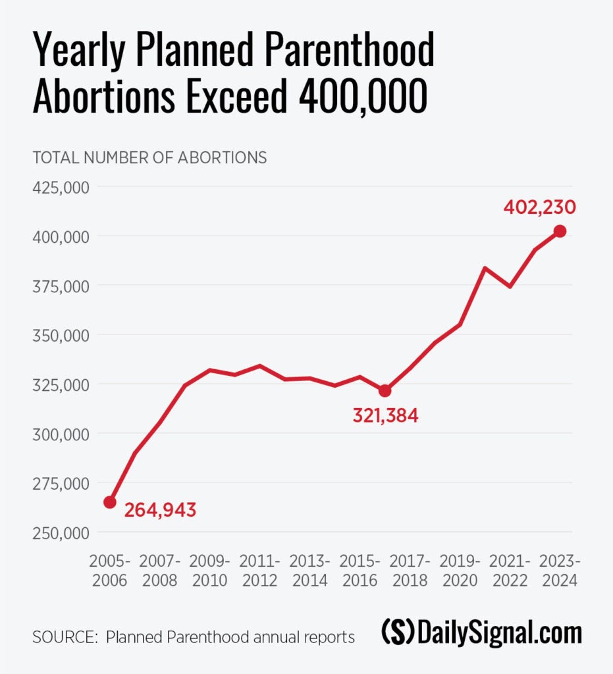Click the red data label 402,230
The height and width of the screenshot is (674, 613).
pyautogui.click(x=539, y=208)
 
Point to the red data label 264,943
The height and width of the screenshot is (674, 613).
pyautogui.click(x=160, y=510)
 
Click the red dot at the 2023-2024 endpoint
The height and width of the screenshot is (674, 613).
pyautogui.click(x=560, y=231)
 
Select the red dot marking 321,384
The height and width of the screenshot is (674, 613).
pyautogui.click(x=385, y=391)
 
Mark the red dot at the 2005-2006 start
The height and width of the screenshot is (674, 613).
pyautogui.click(x=110, y=502)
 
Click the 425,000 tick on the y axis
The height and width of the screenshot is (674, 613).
pyautogui.click(x=61, y=188)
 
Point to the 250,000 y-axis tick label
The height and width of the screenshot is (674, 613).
pyautogui.click(x=61, y=532)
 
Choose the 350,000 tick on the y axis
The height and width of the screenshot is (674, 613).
pyautogui.click(x=61, y=335)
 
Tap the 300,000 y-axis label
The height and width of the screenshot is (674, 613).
pyautogui.click(x=61, y=434)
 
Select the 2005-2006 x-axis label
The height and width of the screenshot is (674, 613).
pyautogui.click(x=110, y=571)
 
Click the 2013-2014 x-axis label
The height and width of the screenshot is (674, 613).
pyautogui.click(x=309, y=571)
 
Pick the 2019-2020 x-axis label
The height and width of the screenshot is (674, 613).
pyautogui.click(x=460, y=571)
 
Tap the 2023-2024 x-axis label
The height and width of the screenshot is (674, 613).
pyautogui.click(x=559, y=571)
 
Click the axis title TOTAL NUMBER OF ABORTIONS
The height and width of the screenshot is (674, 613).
pyautogui.click(x=149, y=158)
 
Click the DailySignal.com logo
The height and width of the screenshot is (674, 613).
pyautogui.click(x=481, y=634)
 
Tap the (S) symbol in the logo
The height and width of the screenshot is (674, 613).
pyautogui.click(x=397, y=634)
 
